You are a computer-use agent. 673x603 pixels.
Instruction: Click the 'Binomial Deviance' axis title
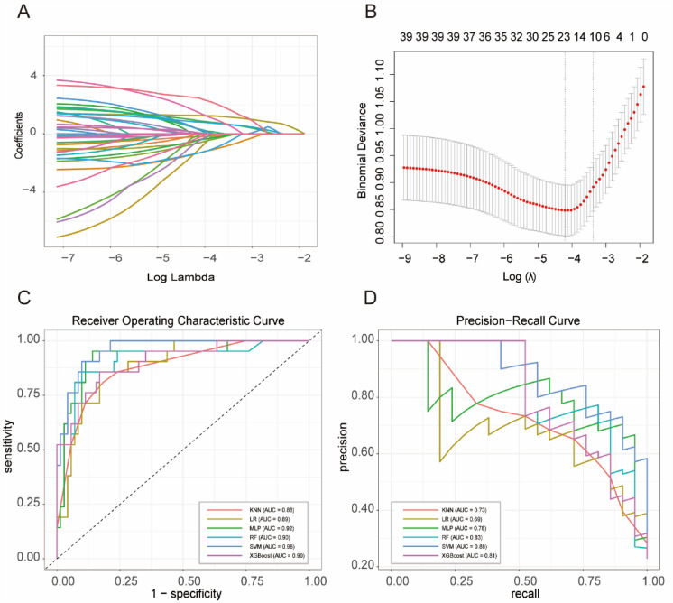click(x=359, y=148)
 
